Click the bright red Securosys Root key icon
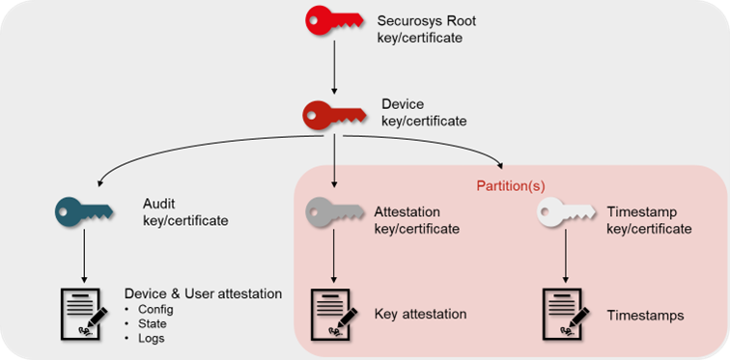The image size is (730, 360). click(x=334, y=20)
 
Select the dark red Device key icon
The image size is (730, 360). click(x=334, y=115)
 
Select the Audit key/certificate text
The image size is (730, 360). click(x=184, y=212)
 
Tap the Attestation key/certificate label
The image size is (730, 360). click(x=416, y=220)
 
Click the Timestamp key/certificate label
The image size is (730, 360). click(x=649, y=220)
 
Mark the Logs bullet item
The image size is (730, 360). click(x=150, y=339)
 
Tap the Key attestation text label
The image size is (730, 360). click(x=420, y=315)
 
